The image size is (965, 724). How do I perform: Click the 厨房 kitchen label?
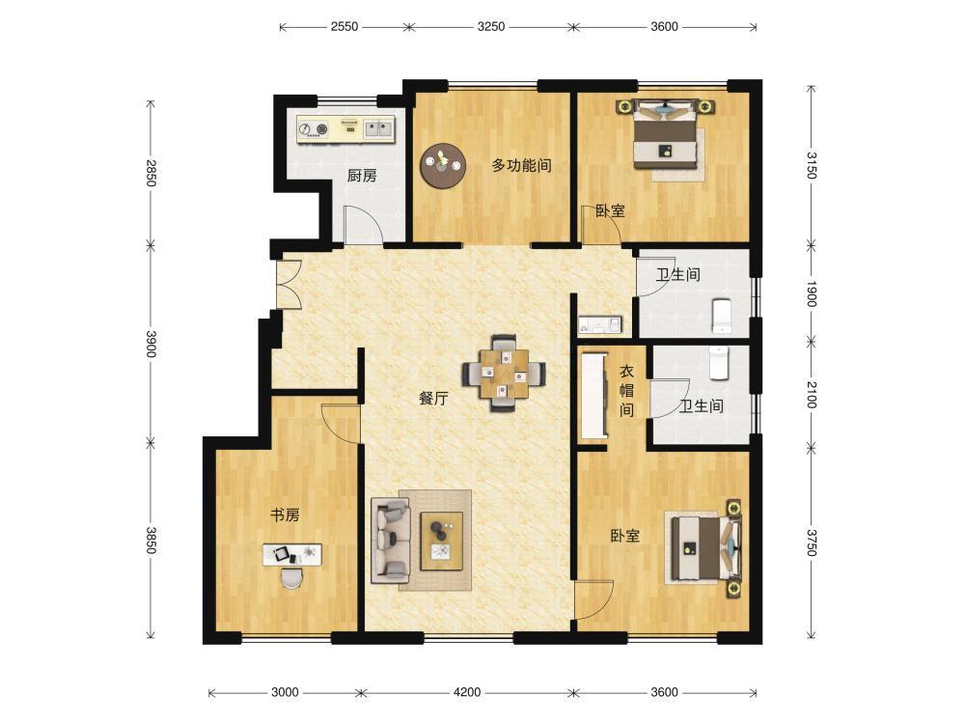(x=362, y=176)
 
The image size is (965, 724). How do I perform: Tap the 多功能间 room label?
(x=521, y=165)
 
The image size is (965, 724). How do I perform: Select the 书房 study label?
(x=285, y=515)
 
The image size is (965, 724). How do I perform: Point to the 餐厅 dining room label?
(x=433, y=399)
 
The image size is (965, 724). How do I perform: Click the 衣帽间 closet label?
(x=626, y=390)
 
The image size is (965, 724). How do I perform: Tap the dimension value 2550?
(x=345, y=26)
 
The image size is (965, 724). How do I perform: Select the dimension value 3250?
(x=491, y=26)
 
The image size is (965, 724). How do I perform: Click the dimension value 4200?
(x=467, y=692)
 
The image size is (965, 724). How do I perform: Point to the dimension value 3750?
(x=812, y=543)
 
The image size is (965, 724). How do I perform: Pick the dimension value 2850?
(x=152, y=173)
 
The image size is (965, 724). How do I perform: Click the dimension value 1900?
(x=812, y=293)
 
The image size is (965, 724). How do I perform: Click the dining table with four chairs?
(x=504, y=373)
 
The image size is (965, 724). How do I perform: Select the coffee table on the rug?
(x=441, y=542)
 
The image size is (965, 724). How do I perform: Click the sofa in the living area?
(x=390, y=542)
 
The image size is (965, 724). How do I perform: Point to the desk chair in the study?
(x=291, y=577)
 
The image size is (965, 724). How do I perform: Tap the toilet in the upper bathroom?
(x=722, y=316)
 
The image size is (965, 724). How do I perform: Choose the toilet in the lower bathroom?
(x=718, y=363)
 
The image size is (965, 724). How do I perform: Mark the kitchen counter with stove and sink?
(x=345, y=128)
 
